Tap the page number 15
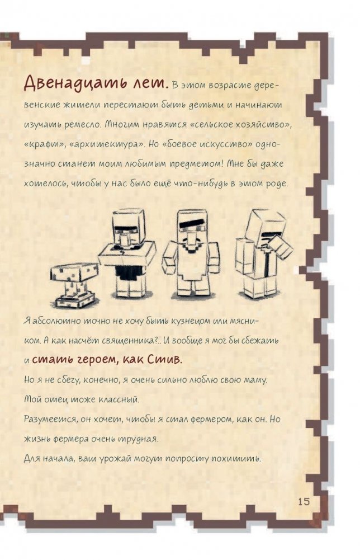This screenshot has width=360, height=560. coord(304,501)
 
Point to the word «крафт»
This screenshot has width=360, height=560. coord(44,145)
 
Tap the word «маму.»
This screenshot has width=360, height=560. coord(255,380)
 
